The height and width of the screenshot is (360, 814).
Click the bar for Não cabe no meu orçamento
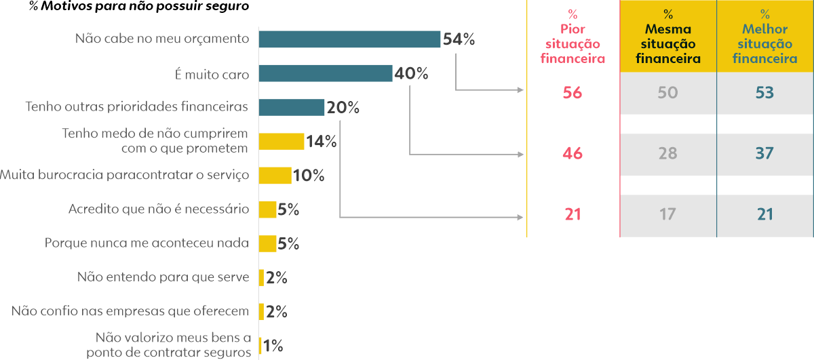point(349,39)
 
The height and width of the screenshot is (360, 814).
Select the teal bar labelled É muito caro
point(326,73)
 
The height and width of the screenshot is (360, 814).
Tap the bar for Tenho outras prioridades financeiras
point(292,107)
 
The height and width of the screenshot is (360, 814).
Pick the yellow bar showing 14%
point(282,141)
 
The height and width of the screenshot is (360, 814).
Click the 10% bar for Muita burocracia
point(275,176)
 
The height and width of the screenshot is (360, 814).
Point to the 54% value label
point(459,39)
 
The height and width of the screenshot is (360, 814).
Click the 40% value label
point(411,73)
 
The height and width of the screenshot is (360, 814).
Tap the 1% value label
point(273,346)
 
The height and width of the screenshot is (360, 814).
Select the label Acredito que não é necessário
point(159,209)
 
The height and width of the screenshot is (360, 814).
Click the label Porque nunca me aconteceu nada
point(147,243)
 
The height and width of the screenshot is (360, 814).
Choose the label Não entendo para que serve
point(163,277)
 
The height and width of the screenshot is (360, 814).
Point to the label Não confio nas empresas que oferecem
point(131,311)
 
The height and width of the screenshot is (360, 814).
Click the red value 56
point(573,93)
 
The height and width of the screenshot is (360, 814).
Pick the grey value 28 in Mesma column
point(667,154)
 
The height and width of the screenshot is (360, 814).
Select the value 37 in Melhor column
point(764,154)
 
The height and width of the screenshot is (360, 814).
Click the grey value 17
point(667,215)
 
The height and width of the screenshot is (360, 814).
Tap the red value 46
point(573,154)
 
